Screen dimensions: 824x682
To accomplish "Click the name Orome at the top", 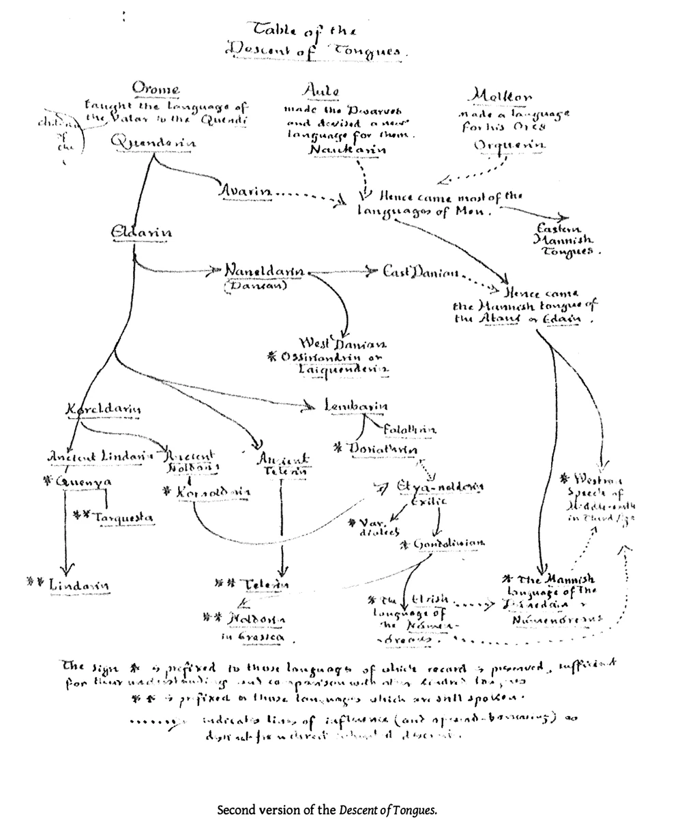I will point(156,89).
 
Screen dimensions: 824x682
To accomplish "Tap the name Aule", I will point(320,91).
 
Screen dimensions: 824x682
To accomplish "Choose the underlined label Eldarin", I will point(140,233).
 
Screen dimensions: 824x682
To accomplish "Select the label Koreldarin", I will point(103,409).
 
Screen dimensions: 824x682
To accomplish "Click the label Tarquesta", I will point(123,518).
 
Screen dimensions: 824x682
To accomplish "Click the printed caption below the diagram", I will point(326,810).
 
